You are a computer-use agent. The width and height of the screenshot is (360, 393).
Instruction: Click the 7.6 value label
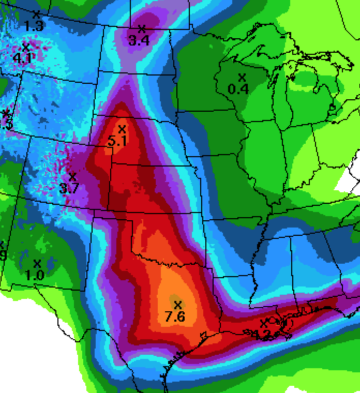(x=175, y=316)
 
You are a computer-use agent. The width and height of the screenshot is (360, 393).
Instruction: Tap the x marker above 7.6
(x=178, y=304)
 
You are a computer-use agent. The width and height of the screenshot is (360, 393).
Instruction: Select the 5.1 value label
(x=117, y=140)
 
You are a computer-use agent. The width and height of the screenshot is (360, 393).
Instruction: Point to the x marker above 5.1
(x=122, y=129)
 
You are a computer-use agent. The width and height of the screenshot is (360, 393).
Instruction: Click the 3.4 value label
(x=139, y=40)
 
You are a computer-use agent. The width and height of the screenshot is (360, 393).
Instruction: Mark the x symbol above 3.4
(x=142, y=28)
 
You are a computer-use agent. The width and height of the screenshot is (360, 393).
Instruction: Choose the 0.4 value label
(x=238, y=89)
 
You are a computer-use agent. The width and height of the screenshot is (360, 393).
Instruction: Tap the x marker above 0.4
(x=242, y=77)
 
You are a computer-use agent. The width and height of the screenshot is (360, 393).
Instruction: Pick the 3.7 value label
(x=69, y=189)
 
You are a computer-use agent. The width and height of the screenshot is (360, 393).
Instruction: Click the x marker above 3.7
(x=72, y=177)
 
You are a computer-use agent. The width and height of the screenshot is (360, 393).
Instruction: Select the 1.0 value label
(x=34, y=276)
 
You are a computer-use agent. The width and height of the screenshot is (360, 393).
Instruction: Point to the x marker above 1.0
(x=37, y=264)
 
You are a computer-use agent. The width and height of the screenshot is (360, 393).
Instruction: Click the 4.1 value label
(x=22, y=58)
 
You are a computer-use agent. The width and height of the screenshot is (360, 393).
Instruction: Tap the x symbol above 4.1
(x=26, y=47)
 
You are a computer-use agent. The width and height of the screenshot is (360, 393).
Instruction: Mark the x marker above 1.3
(x=36, y=14)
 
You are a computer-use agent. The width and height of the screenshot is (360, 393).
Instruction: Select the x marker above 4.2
(x=264, y=323)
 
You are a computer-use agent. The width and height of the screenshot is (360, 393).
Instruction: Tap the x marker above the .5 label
(x=6, y=113)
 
